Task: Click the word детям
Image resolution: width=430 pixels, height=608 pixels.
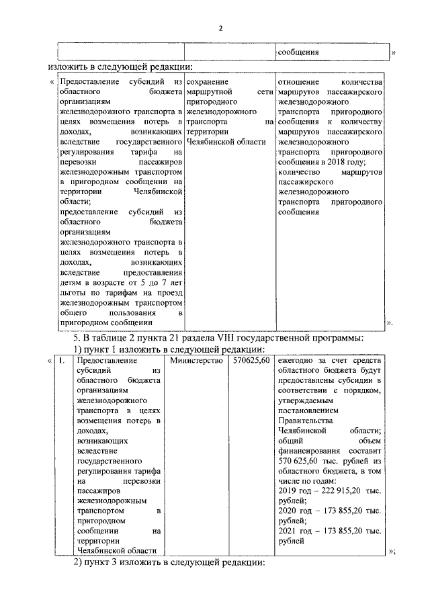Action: (x=71, y=283)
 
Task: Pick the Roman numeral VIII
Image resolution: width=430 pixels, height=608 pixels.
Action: (x=251, y=336)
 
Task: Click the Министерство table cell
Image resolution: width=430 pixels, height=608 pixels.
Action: (x=196, y=361)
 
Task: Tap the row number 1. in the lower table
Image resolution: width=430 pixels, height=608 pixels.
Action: (x=62, y=361)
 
